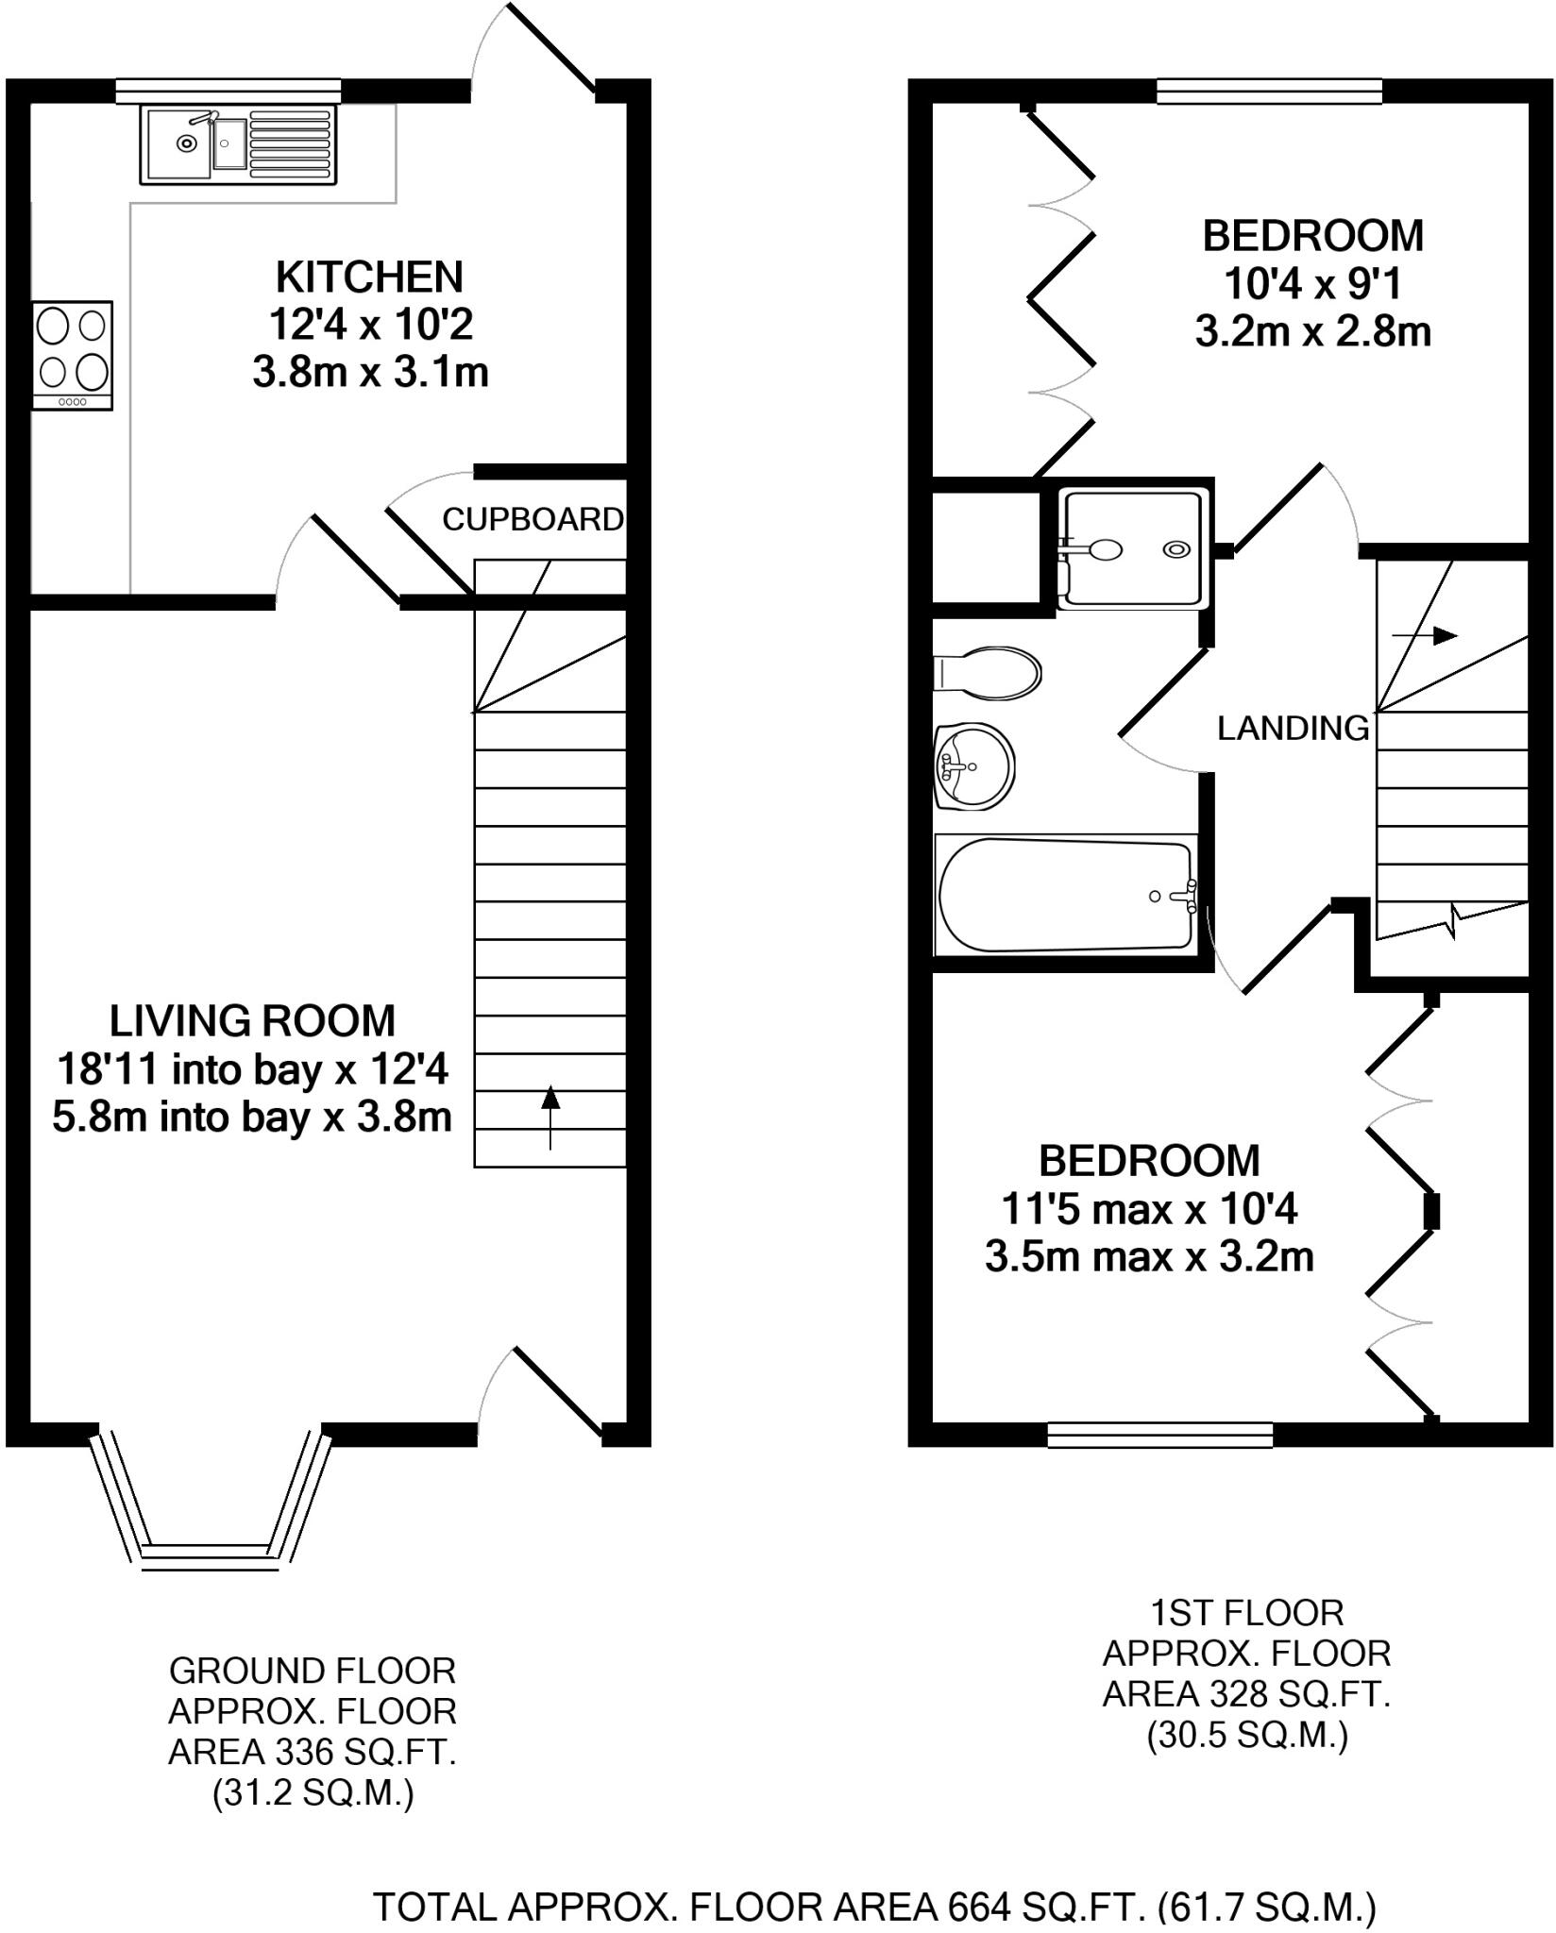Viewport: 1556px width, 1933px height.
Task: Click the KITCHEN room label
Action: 369,277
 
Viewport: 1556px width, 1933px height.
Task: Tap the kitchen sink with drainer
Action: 239,144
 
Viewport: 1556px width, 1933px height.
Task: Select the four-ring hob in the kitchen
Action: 72,354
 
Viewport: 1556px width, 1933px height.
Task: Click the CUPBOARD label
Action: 533,519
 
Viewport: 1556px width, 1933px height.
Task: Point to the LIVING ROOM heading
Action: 252,1021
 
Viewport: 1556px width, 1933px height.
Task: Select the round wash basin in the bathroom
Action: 974,766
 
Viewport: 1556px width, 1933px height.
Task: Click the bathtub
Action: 1065,895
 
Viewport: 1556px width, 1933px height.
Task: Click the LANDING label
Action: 1293,728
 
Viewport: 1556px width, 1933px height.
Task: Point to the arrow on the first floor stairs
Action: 1426,636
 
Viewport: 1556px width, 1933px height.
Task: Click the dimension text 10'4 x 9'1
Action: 1312,283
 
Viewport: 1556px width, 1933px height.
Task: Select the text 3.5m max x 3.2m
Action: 1149,1257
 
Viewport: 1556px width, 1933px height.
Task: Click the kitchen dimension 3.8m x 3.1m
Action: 369,373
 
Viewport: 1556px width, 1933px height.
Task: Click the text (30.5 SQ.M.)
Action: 1246,1736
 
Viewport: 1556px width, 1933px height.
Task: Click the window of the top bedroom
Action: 1269,91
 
